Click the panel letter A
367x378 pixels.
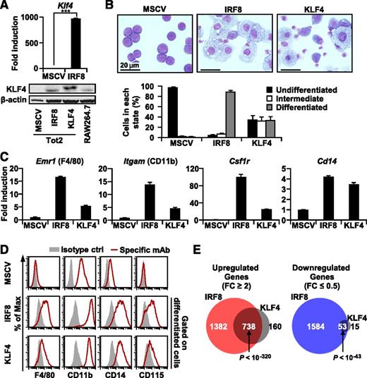click(x=6, y=7)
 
